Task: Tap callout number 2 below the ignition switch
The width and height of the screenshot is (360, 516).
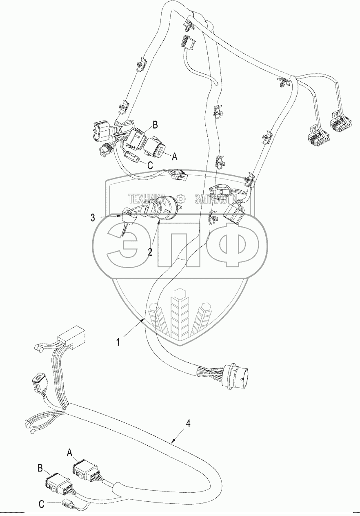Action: click(150, 252)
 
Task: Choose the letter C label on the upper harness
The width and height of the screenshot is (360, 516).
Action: click(150, 166)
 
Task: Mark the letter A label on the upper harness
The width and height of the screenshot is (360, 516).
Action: click(175, 156)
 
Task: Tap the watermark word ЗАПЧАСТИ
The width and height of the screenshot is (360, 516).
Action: click(216, 199)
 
